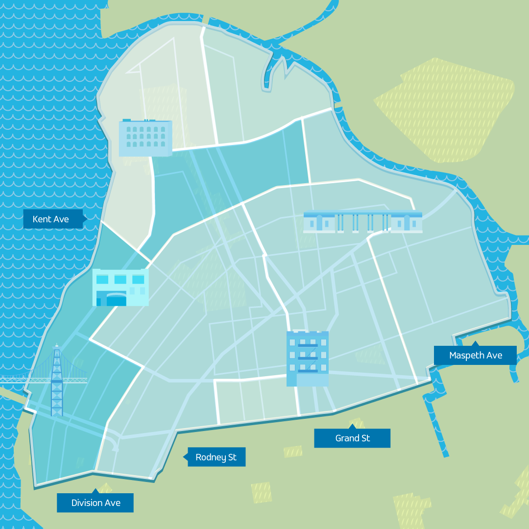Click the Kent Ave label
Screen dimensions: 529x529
pos(51,219)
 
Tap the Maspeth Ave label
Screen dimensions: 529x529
pos(475,356)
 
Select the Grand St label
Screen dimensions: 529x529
pos(352,438)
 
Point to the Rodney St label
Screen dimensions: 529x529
pos(216,457)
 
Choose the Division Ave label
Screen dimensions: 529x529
pos(96,503)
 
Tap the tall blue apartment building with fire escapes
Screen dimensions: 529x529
pos(308,359)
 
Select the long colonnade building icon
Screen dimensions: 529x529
pos(362,222)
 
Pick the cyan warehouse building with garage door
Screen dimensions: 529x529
pos(120,288)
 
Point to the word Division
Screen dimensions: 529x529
pos(87,503)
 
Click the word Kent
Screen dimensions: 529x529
pos(41,219)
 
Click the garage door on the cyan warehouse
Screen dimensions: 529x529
pos(116,299)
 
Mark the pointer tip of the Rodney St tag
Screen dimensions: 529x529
pos(184,457)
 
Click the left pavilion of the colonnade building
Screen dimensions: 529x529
pos(319,222)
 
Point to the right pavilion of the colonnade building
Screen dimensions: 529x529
pos(407,222)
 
